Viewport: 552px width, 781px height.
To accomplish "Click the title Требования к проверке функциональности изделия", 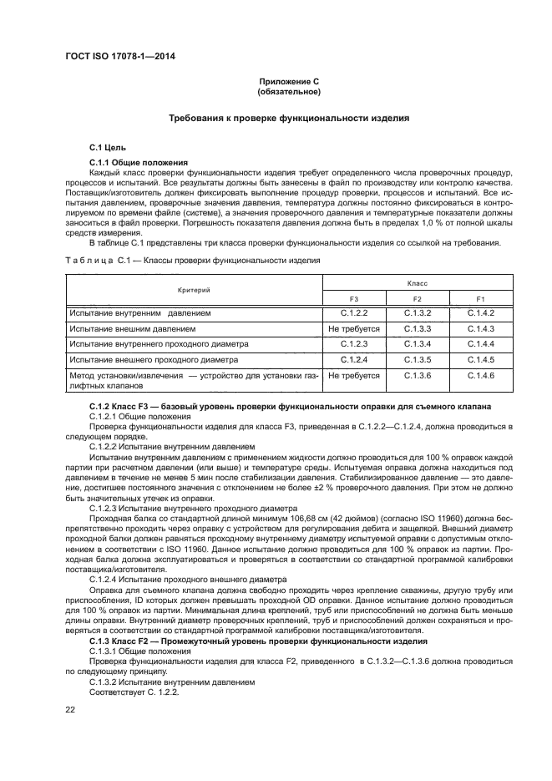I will click(x=289, y=119).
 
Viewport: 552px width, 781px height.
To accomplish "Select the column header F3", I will click(x=354, y=298).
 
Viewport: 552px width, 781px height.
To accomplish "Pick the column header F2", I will click(x=417, y=298).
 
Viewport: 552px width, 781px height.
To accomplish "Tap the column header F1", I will click(x=480, y=298).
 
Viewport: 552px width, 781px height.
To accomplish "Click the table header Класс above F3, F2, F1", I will click(x=417, y=283).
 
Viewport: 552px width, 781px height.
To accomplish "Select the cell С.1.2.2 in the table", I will click(x=354, y=312).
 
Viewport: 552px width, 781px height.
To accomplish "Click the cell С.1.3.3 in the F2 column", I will click(x=417, y=328).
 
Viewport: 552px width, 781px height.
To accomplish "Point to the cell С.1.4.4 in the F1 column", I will click(x=480, y=344).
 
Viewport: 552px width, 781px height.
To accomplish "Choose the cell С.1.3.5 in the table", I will click(x=417, y=359).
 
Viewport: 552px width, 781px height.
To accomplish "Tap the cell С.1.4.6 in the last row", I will click(x=480, y=376).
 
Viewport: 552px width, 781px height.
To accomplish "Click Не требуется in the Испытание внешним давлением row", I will click(x=354, y=328).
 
